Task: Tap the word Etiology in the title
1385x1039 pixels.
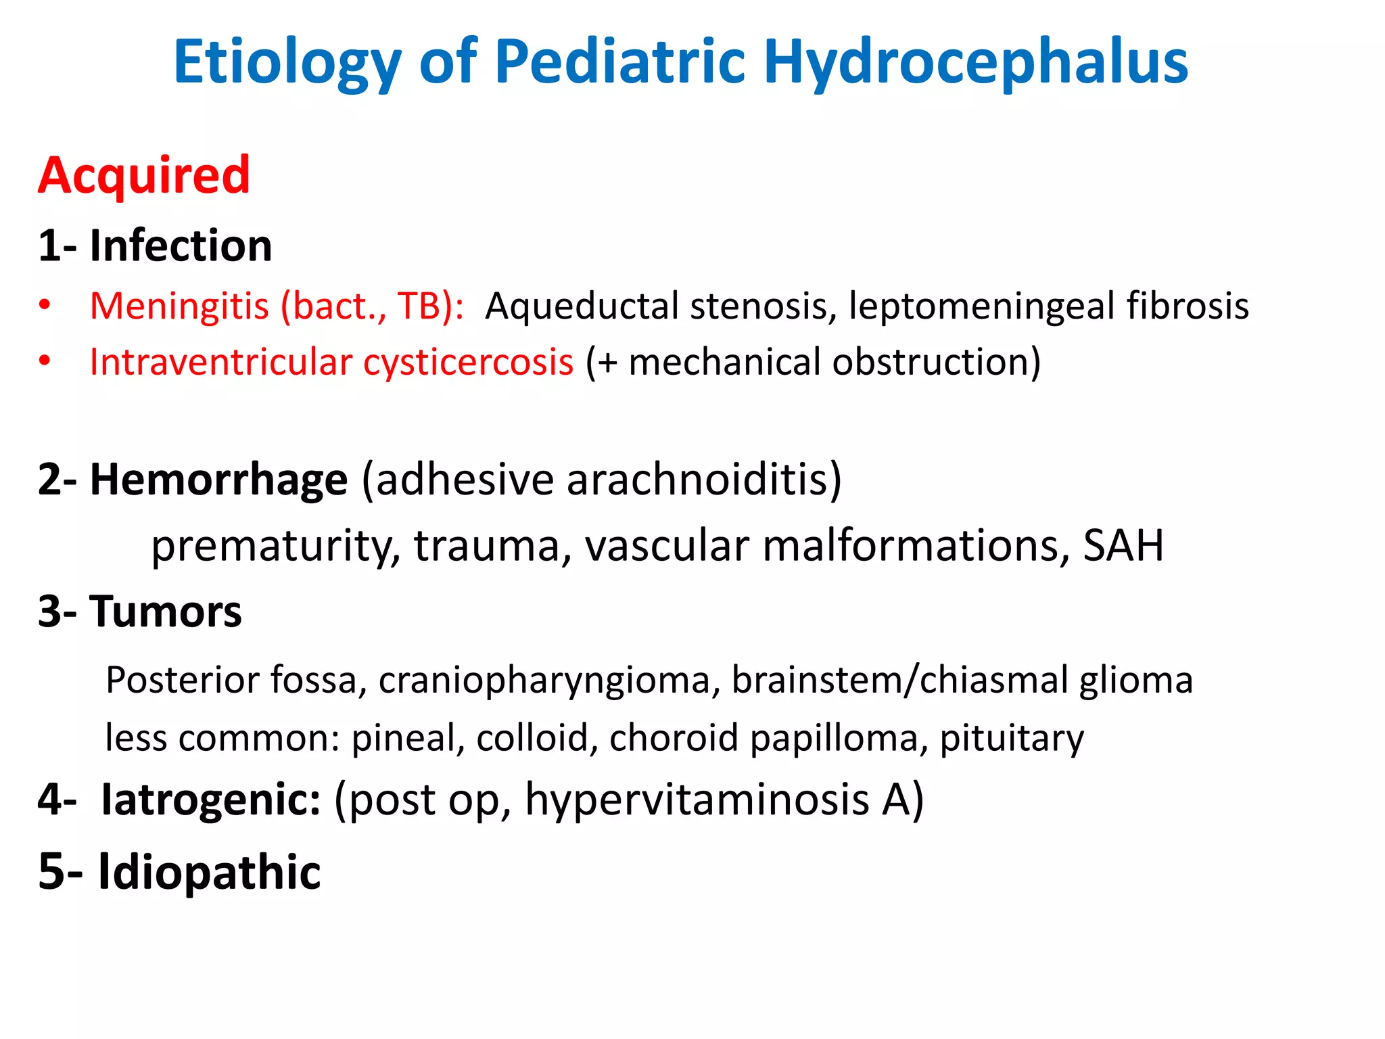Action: [x=287, y=62]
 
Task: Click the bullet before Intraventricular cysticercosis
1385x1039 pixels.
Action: [x=45, y=361]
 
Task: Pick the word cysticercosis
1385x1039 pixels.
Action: [x=468, y=362]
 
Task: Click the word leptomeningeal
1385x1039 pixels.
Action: [x=981, y=306]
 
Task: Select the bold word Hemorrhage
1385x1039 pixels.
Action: [x=218, y=480]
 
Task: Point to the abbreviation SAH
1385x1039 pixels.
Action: [x=1123, y=545]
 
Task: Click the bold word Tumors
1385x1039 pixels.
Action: [x=165, y=611]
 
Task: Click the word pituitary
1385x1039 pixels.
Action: [x=1012, y=737]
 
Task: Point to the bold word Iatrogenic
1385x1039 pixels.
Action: [x=211, y=800]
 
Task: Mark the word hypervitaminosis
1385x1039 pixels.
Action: [x=697, y=800]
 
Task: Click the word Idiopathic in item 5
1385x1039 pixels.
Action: [x=209, y=871]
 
